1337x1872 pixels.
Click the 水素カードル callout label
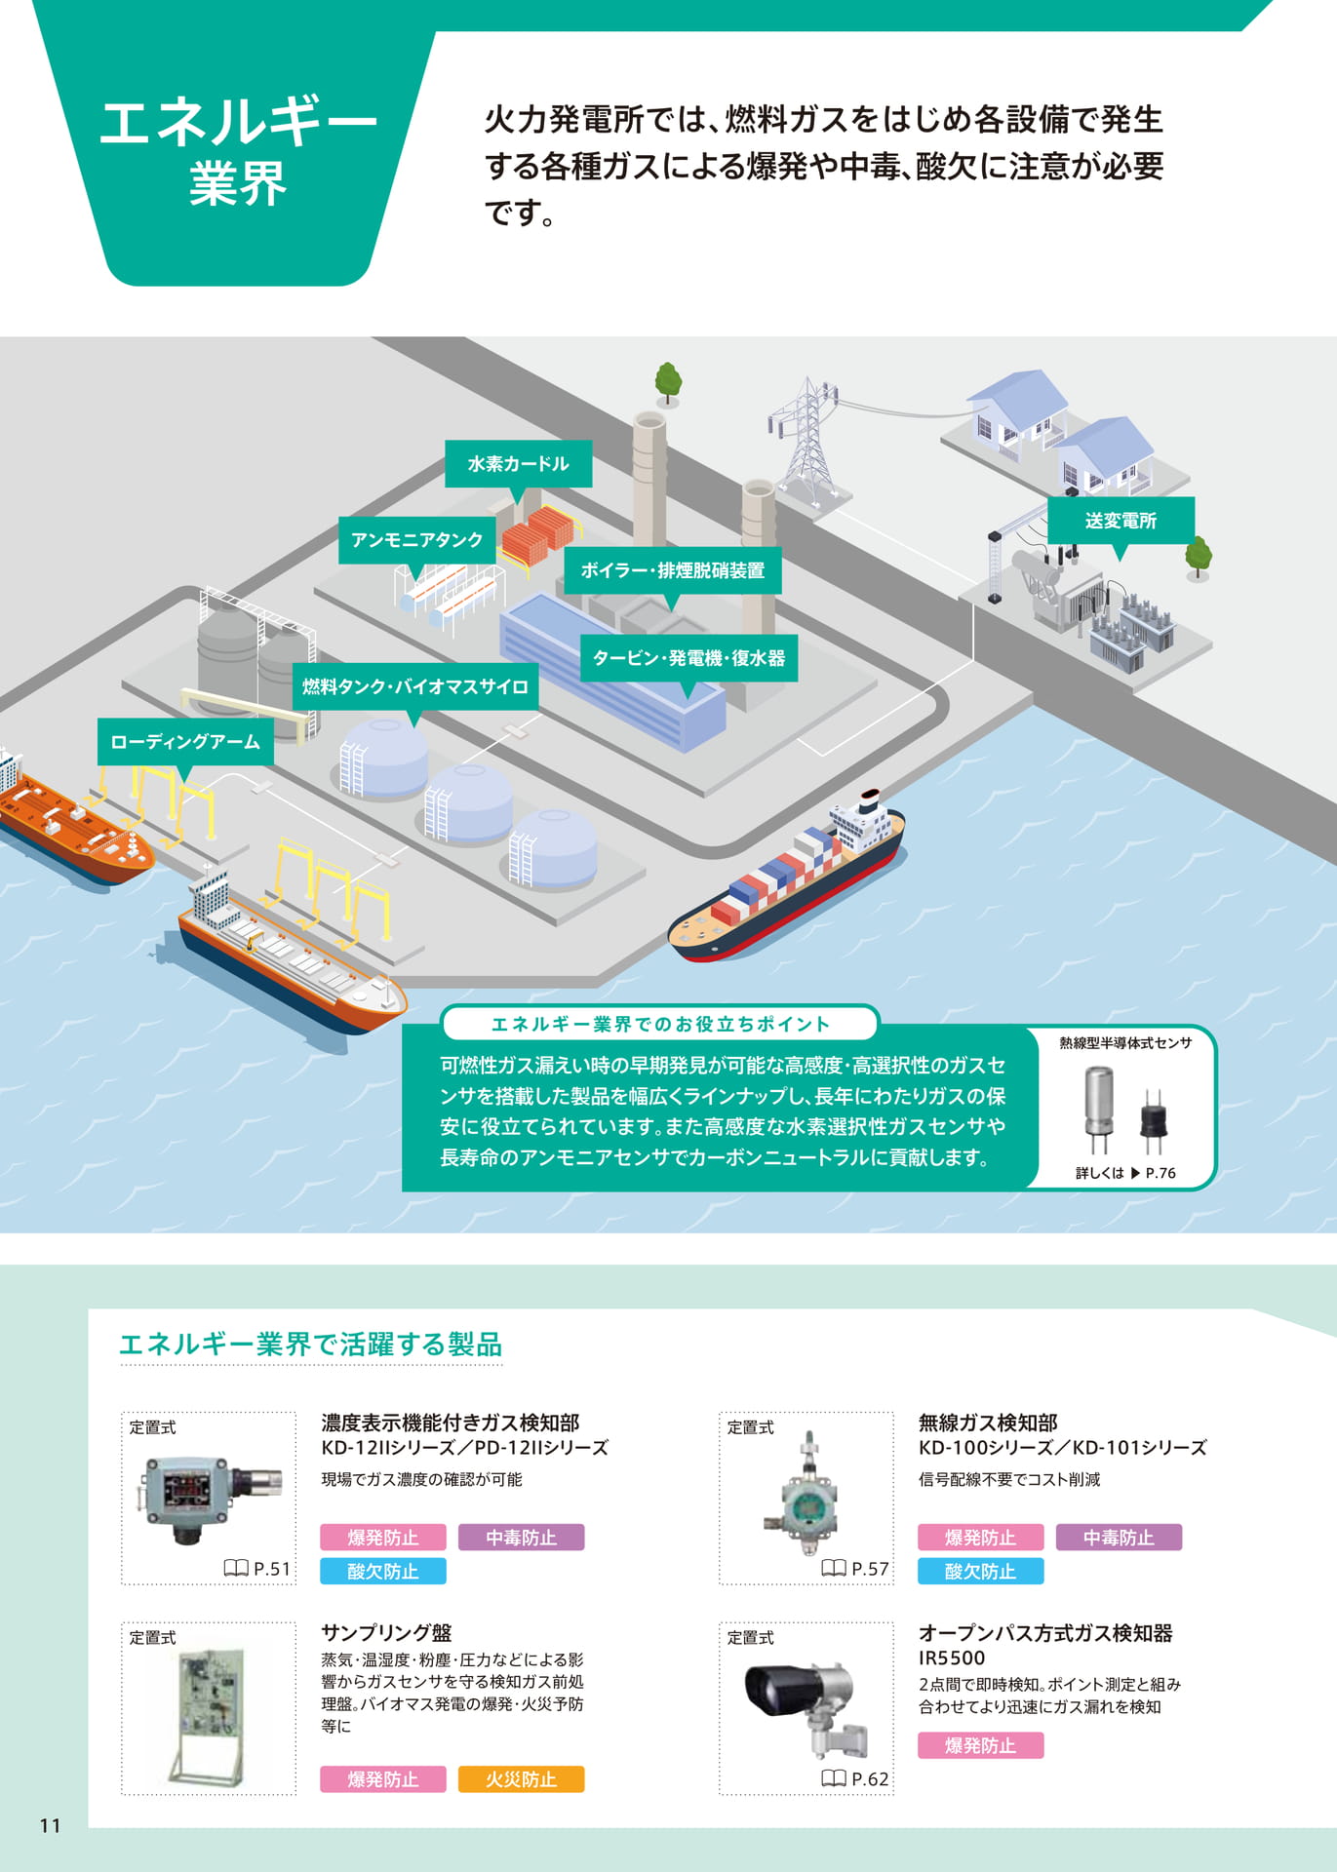click(518, 464)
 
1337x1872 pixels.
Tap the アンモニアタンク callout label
click(417, 540)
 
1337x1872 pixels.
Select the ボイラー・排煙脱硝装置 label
click(673, 570)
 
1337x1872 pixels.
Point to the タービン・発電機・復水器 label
click(688, 658)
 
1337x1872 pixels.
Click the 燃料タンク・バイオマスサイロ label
click(415, 687)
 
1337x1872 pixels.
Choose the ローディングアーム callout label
click(185, 742)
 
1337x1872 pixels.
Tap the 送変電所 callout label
click(1121, 521)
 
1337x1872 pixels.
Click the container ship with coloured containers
click(786, 878)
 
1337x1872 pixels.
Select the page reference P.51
click(258, 1569)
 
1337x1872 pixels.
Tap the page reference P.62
click(856, 1779)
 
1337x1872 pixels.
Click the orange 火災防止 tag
click(521, 1779)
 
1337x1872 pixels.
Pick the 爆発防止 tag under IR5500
click(980, 1745)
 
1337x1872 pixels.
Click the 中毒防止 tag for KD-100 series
click(1119, 1538)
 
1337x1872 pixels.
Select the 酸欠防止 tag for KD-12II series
click(383, 1571)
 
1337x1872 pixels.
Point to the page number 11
click(51, 1825)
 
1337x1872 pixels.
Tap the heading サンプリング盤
click(386, 1633)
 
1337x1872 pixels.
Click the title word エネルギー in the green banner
click(239, 123)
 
